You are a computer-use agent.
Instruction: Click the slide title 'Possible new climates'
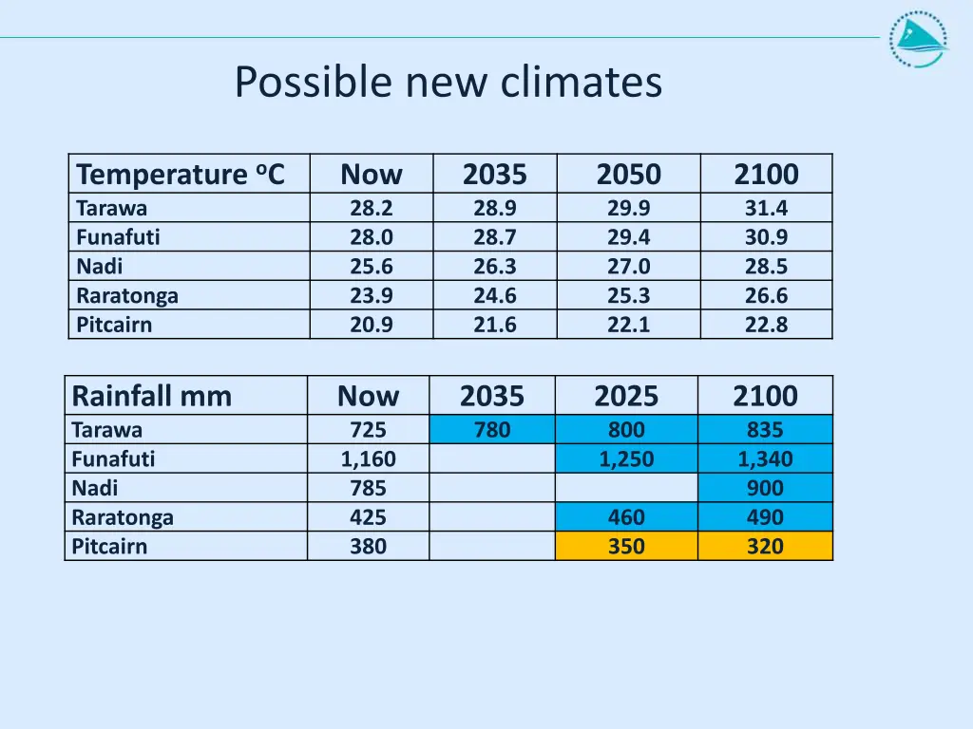(x=448, y=83)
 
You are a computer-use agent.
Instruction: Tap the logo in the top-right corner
(x=918, y=39)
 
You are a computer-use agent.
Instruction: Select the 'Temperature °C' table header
(x=181, y=175)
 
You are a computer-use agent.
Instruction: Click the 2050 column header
(x=628, y=175)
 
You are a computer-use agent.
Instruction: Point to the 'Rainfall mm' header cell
(x=152, y=396)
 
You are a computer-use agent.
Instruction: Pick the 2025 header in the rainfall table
(x=625, y=396)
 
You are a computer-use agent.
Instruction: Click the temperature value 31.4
(x=766, y=208)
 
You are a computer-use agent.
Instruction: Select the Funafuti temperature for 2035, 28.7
(x=495, y=237)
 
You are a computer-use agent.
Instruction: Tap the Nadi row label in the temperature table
(x=100, y=267)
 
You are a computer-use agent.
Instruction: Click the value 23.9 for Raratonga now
(x=372, y=295)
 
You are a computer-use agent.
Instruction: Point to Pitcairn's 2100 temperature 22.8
(x=766, y=325)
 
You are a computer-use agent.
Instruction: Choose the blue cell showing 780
(x=492, y=430)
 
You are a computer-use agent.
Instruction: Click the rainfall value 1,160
(x=369, y=459)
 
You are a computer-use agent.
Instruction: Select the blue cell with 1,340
(x=765, y=459)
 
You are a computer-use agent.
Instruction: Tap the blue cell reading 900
(x=765, y=488)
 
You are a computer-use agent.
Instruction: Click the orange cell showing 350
(x=626, y=547)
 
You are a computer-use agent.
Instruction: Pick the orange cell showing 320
(x=765, y=547)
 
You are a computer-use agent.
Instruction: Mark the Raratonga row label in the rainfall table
(x=123, y=517)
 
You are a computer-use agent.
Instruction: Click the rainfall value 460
(x=626, y=517)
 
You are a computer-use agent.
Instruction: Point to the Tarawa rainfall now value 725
(x=369, y=430)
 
